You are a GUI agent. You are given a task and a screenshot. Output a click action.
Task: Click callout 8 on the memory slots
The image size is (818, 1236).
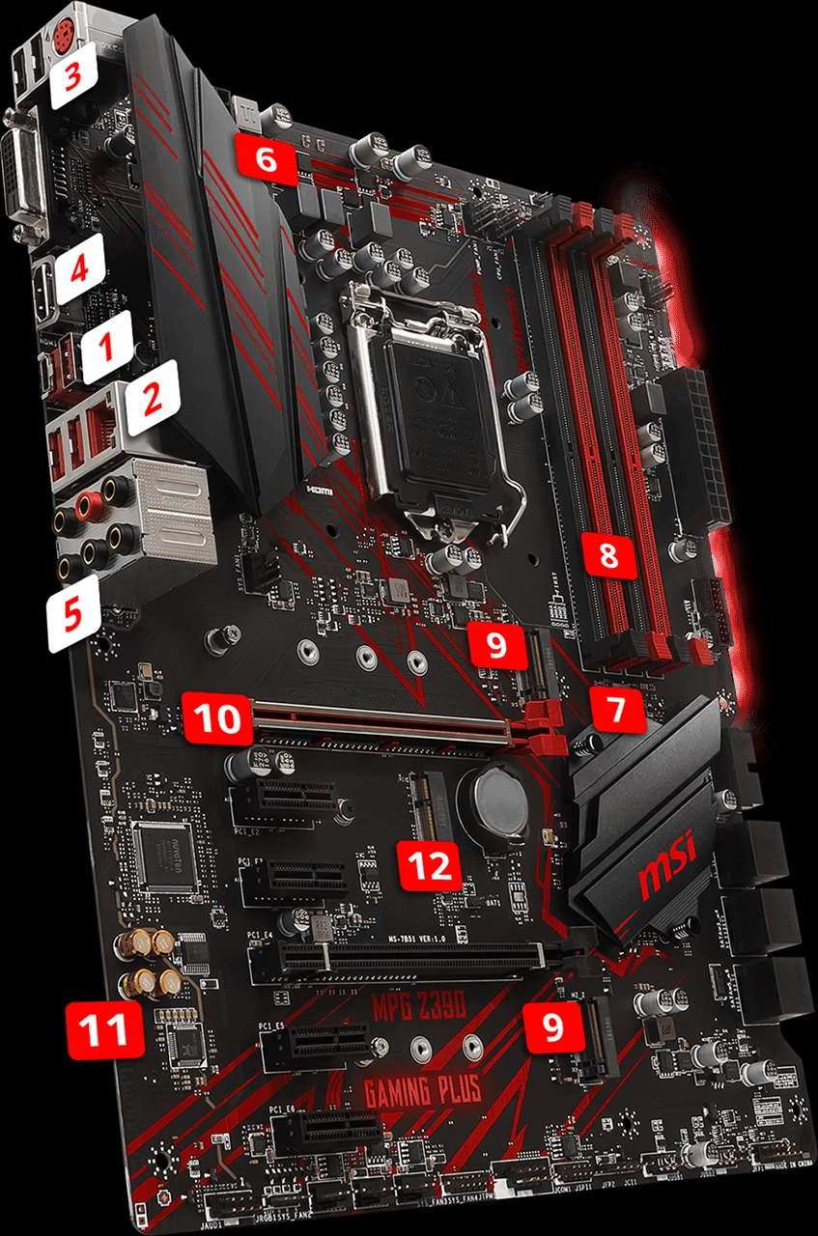click(609, 554)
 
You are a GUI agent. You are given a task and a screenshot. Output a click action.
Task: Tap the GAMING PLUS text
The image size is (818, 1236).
click(422, 1091)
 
